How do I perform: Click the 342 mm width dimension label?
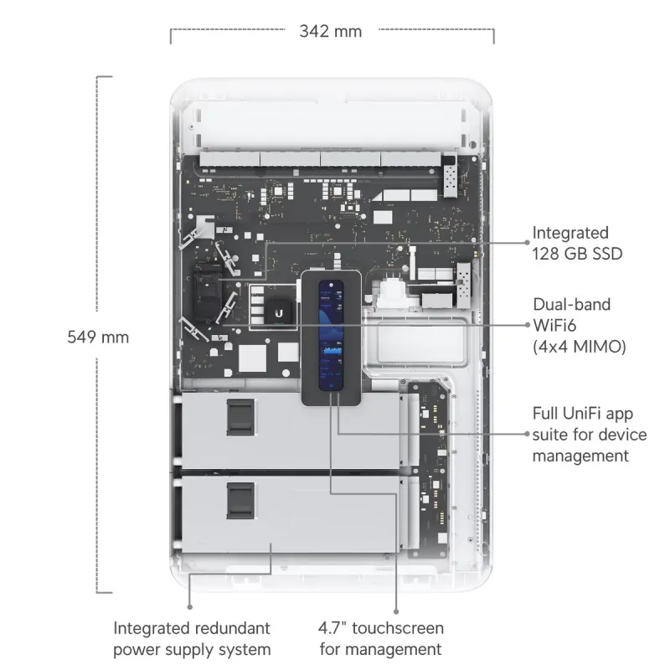tap(331, 32)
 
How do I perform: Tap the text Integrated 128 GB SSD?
tap(577, 243)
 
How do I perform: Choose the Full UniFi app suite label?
tap(589, 435)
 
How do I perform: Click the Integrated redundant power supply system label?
tap(192, 638)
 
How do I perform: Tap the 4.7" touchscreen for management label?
tap(381, 638)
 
